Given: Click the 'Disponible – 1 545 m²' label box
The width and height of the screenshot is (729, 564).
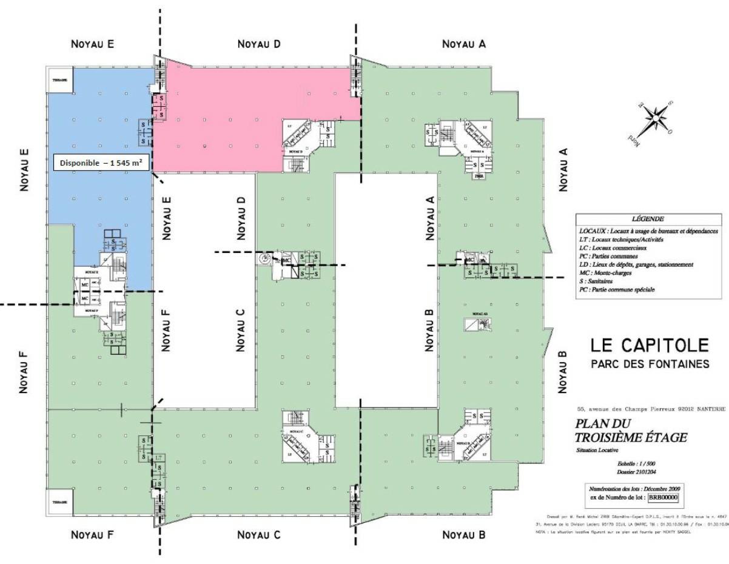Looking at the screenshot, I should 101,163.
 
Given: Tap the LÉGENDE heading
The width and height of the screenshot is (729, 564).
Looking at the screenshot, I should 648,219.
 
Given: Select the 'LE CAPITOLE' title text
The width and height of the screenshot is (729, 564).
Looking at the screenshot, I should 649,346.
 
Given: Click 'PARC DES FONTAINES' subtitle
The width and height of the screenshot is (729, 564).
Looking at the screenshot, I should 649,364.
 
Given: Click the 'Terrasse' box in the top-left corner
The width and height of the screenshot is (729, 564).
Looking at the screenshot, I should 59,80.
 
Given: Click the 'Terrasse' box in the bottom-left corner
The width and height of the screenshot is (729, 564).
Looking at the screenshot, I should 59,502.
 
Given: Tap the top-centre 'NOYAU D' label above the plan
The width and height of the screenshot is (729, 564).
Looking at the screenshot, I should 259,44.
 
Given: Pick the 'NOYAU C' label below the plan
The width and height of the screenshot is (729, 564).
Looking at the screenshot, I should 259,534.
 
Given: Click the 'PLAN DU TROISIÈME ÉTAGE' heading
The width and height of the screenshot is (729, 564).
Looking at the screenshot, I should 631,430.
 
